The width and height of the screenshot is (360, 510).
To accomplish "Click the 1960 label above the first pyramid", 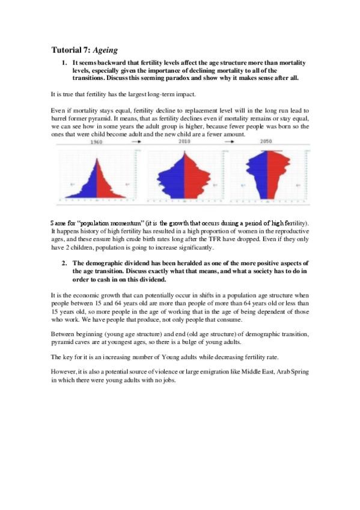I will coord(96,143).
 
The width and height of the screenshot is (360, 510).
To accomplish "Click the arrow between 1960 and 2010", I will coord(138,143).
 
